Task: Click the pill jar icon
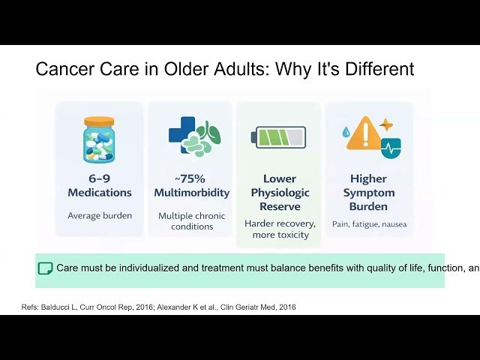click(99, 140)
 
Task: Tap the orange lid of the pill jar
click(99, 121)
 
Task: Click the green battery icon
click(278, 136)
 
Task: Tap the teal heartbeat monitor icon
click(391, 147)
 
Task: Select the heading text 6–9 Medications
click(99, 185)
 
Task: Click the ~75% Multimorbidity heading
click(192, 185)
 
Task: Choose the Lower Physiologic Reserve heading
click(279, 192)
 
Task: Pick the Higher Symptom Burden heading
click(368, 192)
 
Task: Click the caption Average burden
click(99, 215)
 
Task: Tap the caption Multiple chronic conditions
click(192, 220)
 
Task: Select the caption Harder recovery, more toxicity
click(279, 229)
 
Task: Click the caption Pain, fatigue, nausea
click(368, 223)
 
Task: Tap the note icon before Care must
click(45, 268)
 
